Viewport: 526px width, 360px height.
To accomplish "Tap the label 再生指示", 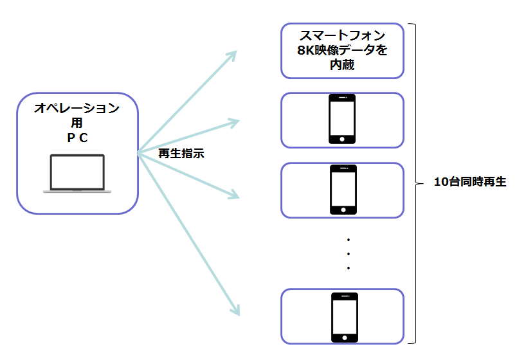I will tap(181, 154).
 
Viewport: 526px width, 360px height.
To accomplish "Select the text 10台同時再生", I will tap(470, 182).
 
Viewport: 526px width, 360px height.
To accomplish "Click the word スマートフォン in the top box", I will tap(342, 35).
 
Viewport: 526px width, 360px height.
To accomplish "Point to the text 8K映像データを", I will tap(342, 50).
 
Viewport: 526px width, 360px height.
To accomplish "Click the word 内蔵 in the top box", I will tap(342, 65).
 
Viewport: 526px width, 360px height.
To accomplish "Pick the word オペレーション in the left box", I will tap(77, 108).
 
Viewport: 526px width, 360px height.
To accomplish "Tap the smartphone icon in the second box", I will tap(342, 119).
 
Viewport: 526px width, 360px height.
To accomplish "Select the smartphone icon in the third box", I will tap(342, 190).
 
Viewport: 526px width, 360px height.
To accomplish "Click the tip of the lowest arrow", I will tap(238, 314).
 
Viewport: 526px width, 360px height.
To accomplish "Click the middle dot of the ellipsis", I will tap(348, 253).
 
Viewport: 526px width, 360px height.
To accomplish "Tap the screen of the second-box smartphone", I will tap(342, 117).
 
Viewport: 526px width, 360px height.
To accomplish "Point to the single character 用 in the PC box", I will tap(77, 122).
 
